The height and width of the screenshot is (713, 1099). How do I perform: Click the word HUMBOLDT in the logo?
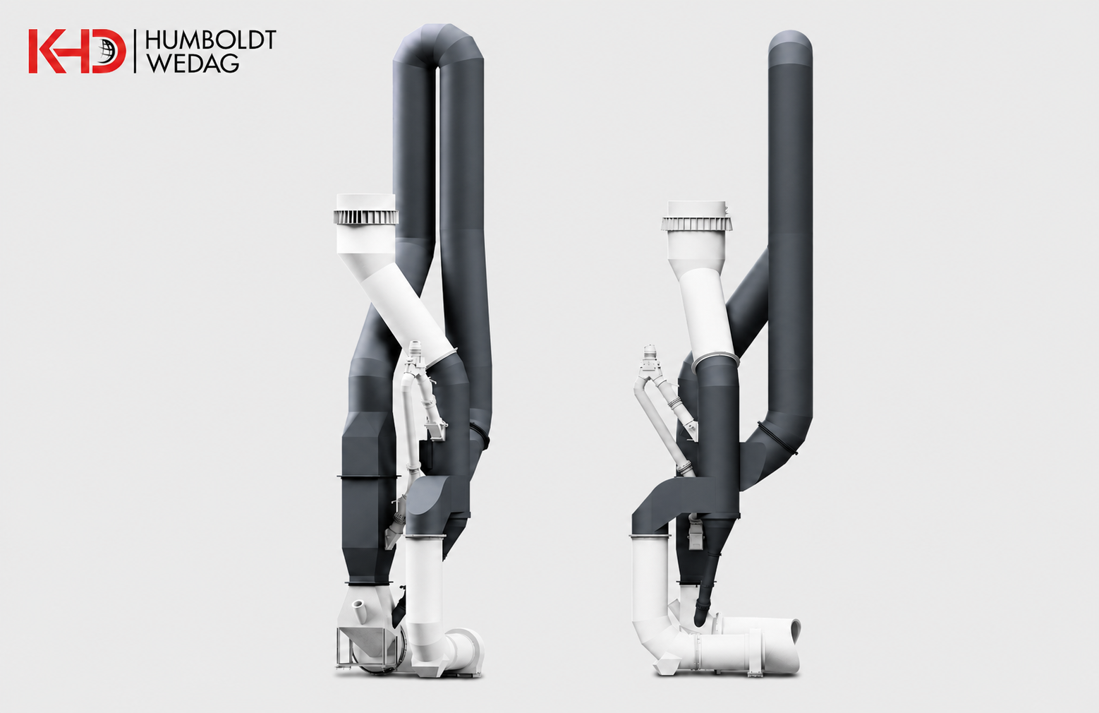tap(210, 40)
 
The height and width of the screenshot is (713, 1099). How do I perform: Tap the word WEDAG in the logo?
tap(193, 64)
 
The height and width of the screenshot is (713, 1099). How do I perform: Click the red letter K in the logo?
tap(47, 51)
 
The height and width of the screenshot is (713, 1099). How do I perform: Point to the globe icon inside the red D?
tap(109, 51)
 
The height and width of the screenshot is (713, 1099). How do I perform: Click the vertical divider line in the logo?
tap(135, 51)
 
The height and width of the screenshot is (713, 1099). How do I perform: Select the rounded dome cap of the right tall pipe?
tap(790, 42)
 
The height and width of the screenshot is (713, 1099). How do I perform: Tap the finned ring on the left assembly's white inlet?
tap(366, 217)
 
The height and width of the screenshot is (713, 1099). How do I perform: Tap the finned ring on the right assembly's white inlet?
tap(697, 224)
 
